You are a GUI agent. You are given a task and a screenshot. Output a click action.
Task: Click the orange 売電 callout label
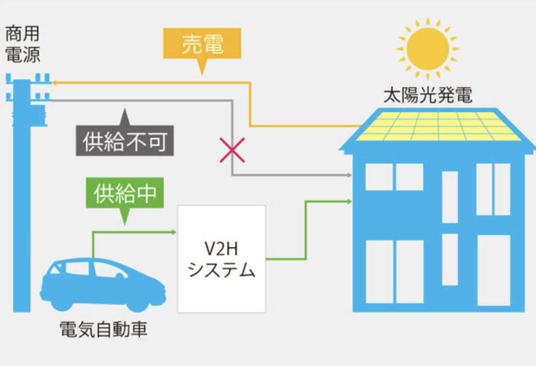coord(202,45)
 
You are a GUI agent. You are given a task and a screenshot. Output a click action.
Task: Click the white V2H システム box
coord(221,259)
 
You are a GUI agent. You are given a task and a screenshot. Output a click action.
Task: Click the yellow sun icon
coord(428,50)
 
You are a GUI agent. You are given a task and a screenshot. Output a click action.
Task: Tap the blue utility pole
coord(22,196)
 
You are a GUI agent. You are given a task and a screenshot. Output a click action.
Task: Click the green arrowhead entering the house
coord(348,200)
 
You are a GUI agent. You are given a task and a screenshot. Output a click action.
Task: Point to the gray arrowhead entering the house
coord(348,176)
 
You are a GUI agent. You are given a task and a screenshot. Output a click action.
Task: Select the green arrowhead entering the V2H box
coord(173,231)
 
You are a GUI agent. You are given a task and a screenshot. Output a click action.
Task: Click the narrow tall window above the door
coord(450,196)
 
